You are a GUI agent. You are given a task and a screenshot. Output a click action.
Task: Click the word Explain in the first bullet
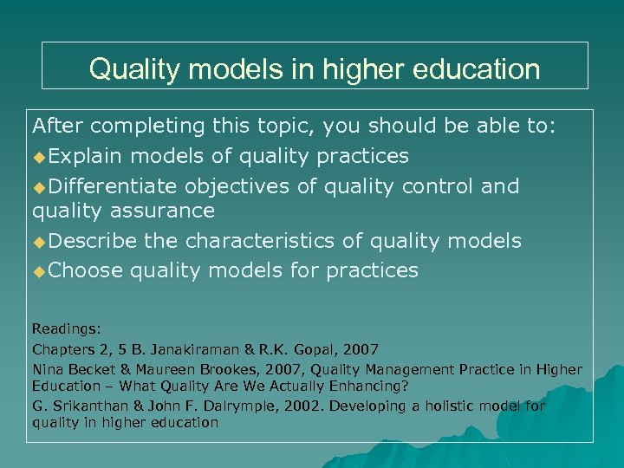point(87,156)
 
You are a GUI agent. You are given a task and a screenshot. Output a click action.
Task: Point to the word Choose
point(86,270)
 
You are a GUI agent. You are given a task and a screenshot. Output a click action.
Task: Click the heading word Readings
point(65,329)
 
